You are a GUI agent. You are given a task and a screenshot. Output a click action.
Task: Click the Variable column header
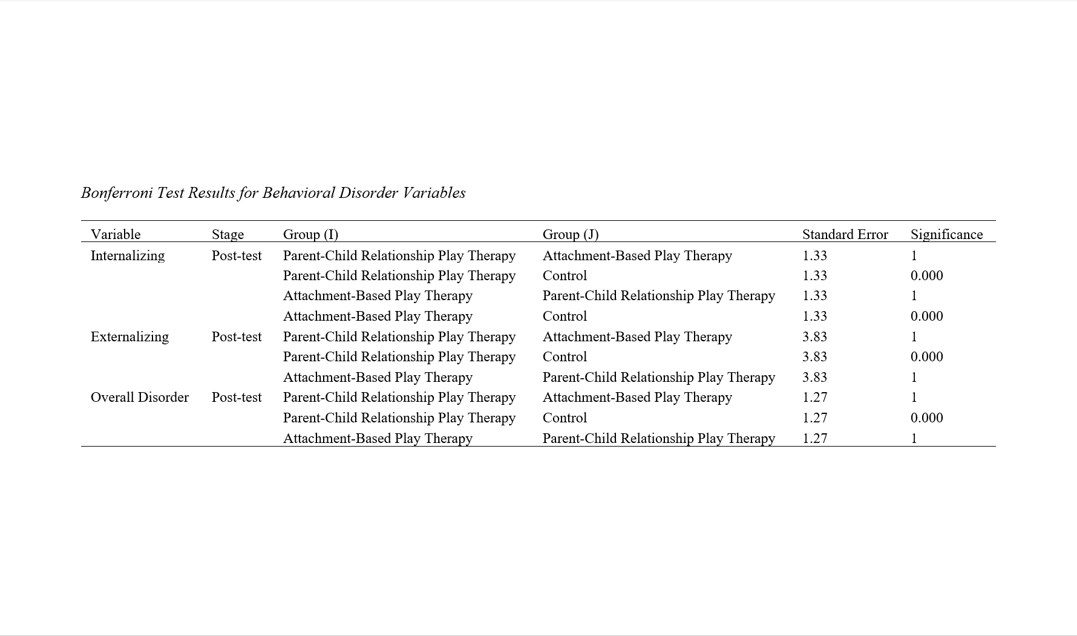116,234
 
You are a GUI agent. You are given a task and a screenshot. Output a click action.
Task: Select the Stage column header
228,234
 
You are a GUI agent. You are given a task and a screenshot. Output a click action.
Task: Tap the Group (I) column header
310,234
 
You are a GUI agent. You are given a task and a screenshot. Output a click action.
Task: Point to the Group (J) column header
570,234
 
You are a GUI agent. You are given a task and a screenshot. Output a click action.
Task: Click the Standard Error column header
845,234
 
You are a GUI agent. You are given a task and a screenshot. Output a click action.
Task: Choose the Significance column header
946,234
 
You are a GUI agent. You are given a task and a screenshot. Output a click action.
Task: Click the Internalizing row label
128,255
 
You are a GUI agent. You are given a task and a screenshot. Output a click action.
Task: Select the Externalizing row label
129,336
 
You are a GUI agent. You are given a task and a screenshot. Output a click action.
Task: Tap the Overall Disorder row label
140,397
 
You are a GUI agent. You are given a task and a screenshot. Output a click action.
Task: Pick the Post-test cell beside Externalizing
237,336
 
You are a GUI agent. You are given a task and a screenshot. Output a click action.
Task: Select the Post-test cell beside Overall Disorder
237,397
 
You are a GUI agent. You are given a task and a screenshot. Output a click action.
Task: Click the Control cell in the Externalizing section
565,356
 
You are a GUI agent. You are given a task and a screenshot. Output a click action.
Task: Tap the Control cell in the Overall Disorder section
565,418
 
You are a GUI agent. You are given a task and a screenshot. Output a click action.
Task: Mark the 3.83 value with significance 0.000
814,356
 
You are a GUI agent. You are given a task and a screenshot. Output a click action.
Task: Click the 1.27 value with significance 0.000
814,418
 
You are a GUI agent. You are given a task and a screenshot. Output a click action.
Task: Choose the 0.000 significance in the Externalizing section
926,356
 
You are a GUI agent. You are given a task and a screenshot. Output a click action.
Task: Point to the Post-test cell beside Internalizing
237,255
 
